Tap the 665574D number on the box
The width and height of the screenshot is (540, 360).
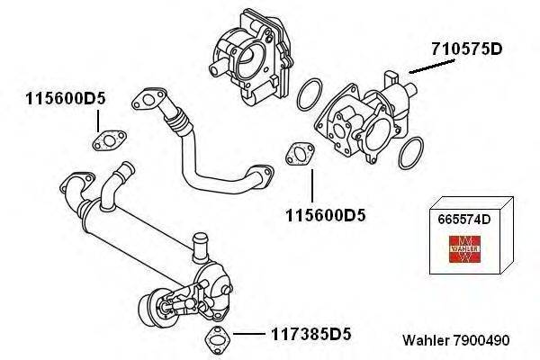click(463, 218)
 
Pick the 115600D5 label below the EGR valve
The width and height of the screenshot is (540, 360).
click(325, 216)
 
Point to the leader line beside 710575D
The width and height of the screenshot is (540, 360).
click(422, 67)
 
